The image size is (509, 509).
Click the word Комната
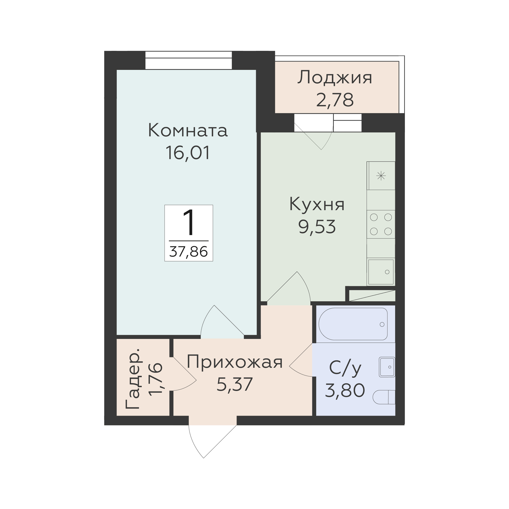pyautogui.click(x=188, y=130)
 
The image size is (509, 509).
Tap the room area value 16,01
pyautogui.click(x=188, y=153)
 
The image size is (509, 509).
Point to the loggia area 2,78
pyautogui.click(x=335, y=100)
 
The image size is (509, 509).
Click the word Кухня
pyautogui.click(x=317, y=204)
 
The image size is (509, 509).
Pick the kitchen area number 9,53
pyautogui.click(x=317, y=227)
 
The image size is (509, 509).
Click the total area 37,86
pyautogui.click(x=189, y=251)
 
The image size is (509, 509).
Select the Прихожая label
pyautogui.click(x=235, y=362)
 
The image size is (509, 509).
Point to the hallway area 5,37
pyautogui.click(x=235, y=384)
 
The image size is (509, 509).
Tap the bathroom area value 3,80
pyautogui.click(x=345, y=390)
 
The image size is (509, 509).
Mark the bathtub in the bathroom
pyautogui.click(x=353, y=324)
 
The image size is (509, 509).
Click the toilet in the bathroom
pyautogui.click(x=384, y=397)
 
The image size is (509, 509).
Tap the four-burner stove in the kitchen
pyautogui.click(x=381, y=225)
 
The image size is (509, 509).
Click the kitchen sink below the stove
pyautogui.click(x=381, y=272)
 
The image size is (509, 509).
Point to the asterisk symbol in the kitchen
pyautogui.click(x=381, y=176)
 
